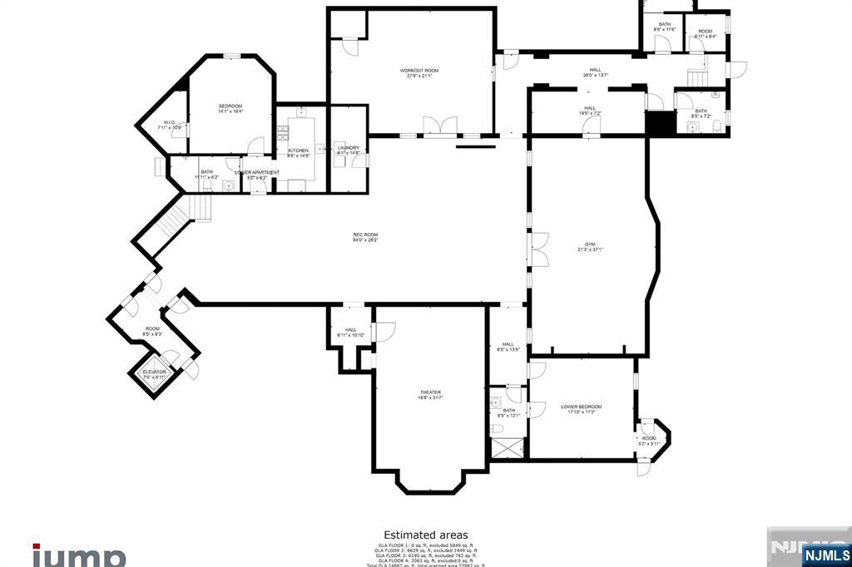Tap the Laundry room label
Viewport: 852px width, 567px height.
click(348, 150)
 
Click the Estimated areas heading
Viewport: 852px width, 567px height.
click(425, 535)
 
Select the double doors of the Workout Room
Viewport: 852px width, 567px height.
click(440, 126)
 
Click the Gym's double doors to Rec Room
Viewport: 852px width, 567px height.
click(539, 249)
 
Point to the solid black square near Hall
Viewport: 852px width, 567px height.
click(659, 122)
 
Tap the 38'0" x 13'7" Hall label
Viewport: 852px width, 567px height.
click(596, 72)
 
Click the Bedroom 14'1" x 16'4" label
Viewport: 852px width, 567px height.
click(230, 108)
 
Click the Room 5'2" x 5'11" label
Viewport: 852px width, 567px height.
click(649, 441)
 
